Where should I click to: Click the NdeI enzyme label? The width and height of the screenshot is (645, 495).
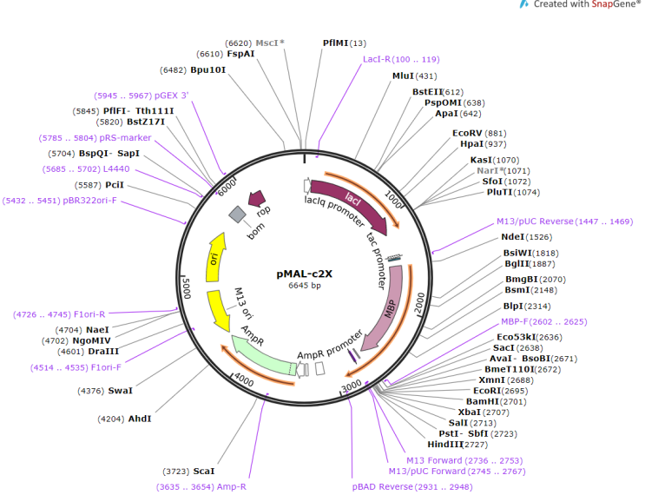click(513, 237)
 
